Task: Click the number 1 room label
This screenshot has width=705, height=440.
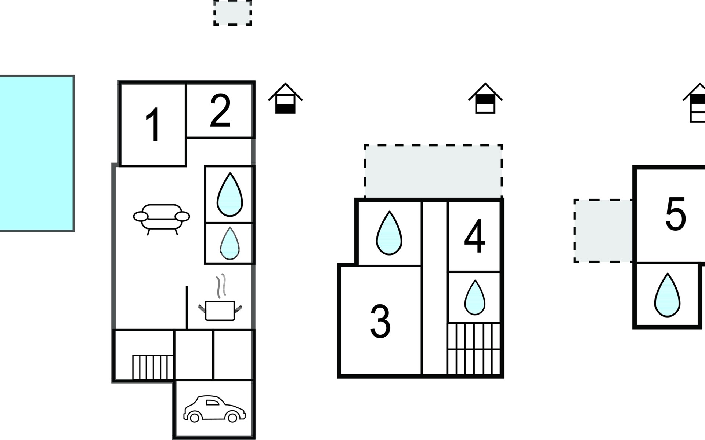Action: pyautogui.click(x=153, y=125)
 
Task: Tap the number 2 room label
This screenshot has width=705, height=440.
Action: pyautogui.click(x=220, y=111)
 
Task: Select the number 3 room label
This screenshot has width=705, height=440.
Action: pyautogui.click(x=380, y=322)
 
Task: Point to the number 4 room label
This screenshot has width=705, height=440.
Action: pyautogui.click(x=475, y=236)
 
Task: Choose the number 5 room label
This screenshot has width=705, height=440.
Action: pyautogui.click(x=676, y=214)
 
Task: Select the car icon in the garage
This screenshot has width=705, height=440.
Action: pyautogui.click(x=214, y=409)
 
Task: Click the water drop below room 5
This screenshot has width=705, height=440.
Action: pyautogui.click(x=667, y=296)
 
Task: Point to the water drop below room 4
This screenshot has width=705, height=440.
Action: pyautogui.click(x=475, y=298)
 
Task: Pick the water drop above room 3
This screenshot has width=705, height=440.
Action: pyautogui.click(x=389, y=233)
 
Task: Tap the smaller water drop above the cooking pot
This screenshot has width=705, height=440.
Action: pyautogui.click(x=229, y=243)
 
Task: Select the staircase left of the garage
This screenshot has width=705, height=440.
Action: pyautogui.click(x=152, y=367)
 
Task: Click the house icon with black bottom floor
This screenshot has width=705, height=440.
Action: pyautogui.click(x=285, y=99)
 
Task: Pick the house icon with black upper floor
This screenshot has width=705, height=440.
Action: pyautogui.click(x=485, y=99)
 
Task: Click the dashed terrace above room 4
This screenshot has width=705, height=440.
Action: pyautogui.click(x=433, y=172)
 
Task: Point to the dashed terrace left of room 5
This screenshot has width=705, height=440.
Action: pyautogui.click(x=603, y=231)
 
